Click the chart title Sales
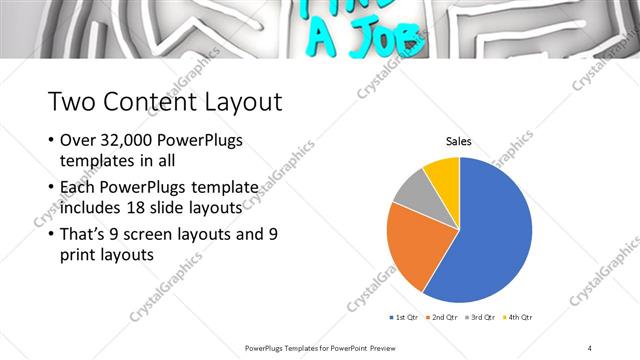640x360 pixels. coord(459,142)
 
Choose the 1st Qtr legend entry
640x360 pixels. coord(405,317)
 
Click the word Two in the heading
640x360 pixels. coord(71,102)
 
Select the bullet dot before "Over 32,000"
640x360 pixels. coord(51,141)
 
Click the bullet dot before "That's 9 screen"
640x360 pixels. coord(51,234)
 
